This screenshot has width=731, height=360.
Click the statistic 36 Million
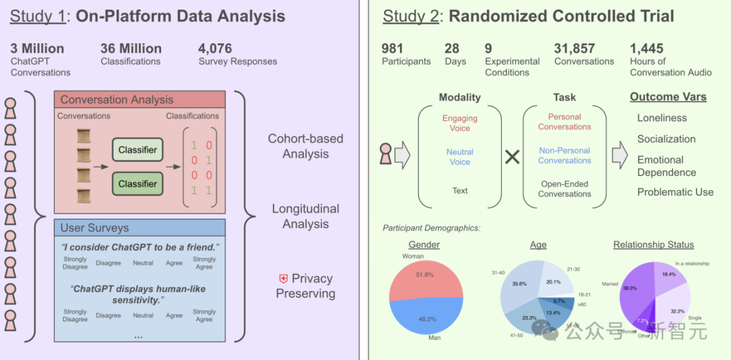(131, 49)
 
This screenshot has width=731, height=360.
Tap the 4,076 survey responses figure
(215, 49)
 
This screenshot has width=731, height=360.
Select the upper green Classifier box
(137, 150)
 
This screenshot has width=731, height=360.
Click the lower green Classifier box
(137, 183)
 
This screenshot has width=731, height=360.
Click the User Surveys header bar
(139, 227)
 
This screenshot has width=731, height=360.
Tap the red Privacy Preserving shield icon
(284, 278)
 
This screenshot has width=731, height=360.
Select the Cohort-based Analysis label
(305, 146)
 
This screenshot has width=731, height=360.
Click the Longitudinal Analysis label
(305, 216)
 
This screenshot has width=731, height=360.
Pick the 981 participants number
(393, 49)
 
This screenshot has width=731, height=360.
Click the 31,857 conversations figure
(575, 49)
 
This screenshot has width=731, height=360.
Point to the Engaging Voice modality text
(460, 123)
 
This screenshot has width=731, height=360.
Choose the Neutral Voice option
(460, 157)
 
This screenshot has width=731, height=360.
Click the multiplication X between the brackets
(512, 157)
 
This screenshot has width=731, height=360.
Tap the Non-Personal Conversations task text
(564, 156)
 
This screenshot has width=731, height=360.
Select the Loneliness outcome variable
(662, 118)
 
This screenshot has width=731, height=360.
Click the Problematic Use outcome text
(675, 192)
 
